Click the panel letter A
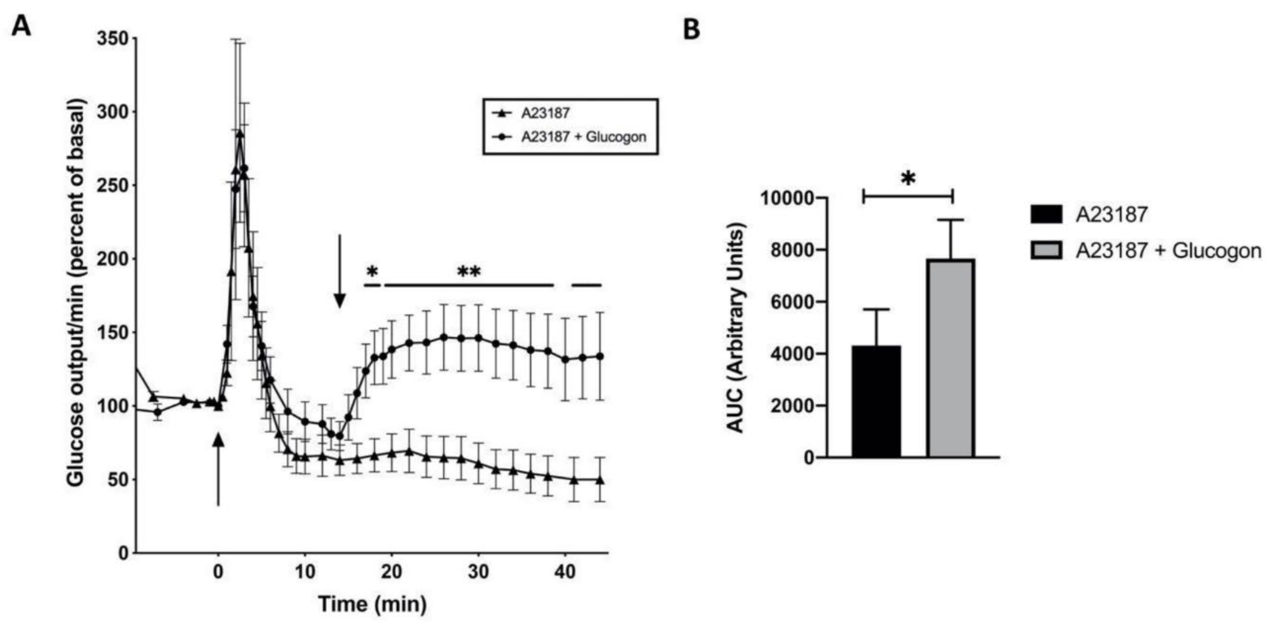click(x=21, y=26)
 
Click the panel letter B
click(x=691, y=30)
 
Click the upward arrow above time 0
click(x=218, y=469)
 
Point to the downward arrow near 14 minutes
click(x=339, y=272)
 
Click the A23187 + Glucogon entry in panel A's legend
click(x=583, y=137)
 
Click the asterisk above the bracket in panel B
click(x=908, y=179)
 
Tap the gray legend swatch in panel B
click(x=1046, y=251)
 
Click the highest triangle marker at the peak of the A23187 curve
click(x=240, y=134)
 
